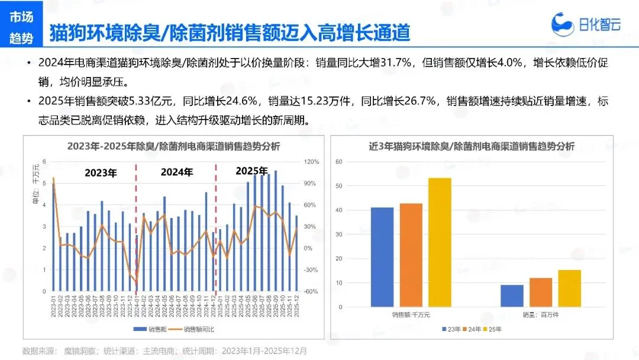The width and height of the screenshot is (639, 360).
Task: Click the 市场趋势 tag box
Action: [21, 27]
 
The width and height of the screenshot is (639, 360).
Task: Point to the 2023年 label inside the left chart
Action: [101, 173]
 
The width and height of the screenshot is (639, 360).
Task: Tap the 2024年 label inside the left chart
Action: [177, 172]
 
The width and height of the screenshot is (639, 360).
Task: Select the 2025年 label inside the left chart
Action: [251, 171]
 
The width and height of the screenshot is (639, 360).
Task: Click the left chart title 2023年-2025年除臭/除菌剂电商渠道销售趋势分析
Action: [173, 146]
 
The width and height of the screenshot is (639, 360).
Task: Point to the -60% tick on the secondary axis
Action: [311, 291]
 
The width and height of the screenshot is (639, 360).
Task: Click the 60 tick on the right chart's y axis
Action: [338, 162]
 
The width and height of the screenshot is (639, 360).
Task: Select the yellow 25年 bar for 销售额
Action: [440, 242]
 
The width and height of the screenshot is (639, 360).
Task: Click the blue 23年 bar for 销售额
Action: [382, 257]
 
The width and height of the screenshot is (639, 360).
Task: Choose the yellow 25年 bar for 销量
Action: [570, 288]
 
